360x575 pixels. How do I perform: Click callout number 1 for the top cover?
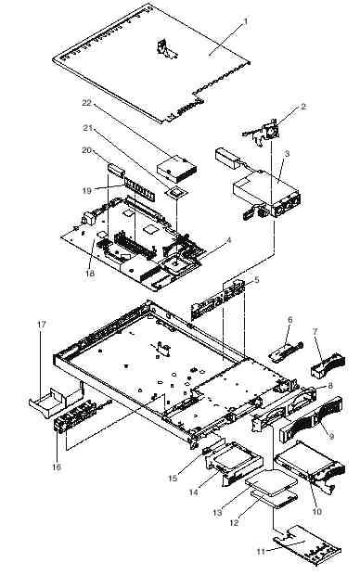246,21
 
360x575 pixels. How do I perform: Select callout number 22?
86,103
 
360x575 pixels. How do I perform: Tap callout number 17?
42,325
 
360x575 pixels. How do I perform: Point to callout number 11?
261,551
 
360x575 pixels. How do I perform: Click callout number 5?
256,280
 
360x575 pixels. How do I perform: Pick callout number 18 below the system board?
90,274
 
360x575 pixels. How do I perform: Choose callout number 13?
218,512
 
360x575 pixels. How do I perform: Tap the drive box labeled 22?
176,170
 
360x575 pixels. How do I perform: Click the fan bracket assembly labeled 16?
76,417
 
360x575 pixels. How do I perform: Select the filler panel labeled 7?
328,364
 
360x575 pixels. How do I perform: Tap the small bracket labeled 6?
286,350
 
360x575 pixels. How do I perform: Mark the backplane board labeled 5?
216,298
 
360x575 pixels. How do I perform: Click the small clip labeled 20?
116,171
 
